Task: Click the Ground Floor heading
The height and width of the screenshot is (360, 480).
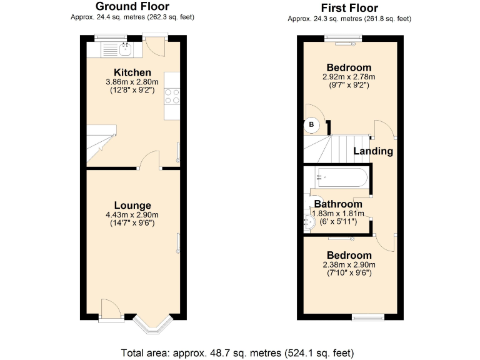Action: (x=132, y=7)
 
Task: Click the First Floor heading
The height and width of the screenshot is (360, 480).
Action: (x=349, y=8)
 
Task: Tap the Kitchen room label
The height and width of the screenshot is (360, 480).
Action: (x=132, y=72)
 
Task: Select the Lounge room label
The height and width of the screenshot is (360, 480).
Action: (x=132, y=205)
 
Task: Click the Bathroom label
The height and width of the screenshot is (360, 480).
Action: (x=338, y=204)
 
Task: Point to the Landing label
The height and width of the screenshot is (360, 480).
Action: (x=373, y=151)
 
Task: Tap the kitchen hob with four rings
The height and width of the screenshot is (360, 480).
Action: (x=172, y=96)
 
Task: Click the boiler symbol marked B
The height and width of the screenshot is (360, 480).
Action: (x=312, y=125)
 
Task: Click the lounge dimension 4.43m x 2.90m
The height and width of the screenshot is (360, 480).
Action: (x=132, y=215)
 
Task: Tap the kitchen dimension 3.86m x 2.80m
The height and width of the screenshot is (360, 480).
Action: (x=132, y=82)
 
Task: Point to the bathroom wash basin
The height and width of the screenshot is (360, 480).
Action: (x=309, y=219)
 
